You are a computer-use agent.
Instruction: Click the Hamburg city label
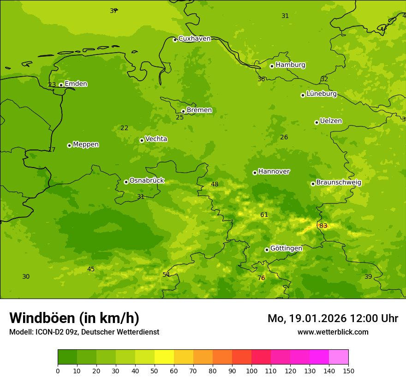tap(290, 65)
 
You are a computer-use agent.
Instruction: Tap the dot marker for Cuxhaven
tap(175, 40)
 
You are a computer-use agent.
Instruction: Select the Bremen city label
tap(199, 110)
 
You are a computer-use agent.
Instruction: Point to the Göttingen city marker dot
tap(267, 250)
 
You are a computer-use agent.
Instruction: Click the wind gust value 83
tap(323, 226)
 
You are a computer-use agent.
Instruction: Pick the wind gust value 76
tap(261, 278)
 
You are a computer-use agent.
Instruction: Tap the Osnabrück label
tap(146, 180)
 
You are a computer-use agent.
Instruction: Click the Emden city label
tap(76, 84)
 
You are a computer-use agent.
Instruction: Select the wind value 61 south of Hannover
tap(264, 215)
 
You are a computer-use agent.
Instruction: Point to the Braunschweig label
tap(339, 182)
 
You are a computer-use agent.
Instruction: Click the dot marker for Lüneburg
tap(303, 95)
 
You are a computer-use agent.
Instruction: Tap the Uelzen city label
tap(331, 121)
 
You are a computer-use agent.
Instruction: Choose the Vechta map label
tap(156, 139)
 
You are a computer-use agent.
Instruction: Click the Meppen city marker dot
tap(69, 145)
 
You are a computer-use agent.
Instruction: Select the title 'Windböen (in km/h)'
tap(74, 318)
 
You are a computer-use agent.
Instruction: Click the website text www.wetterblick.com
tap(333, 332)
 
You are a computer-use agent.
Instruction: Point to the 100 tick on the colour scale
tap(251, 371)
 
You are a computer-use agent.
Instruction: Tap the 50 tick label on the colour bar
tap(155, 371)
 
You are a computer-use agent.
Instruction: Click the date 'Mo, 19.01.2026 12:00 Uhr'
tap(333, 318)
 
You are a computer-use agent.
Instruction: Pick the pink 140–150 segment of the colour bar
tap(339, 357)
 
